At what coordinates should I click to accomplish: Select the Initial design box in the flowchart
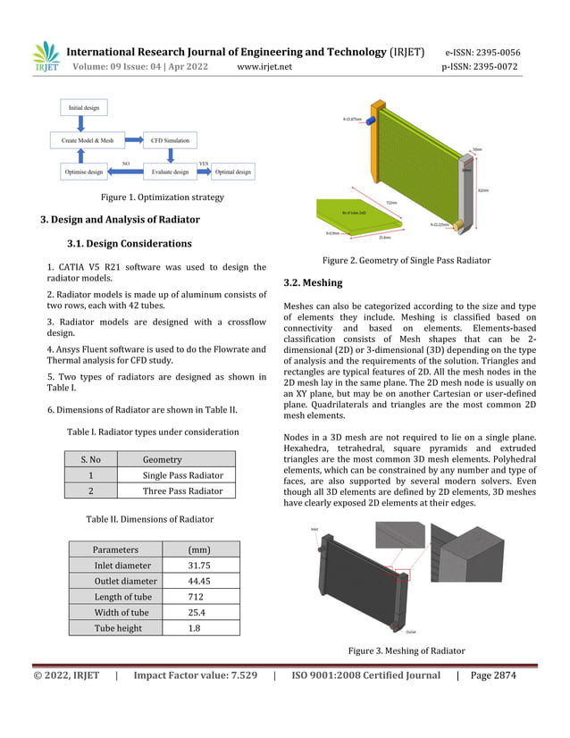click(85, 108)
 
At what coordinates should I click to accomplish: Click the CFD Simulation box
click(170, 140)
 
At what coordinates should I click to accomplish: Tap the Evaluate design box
click(170, 172)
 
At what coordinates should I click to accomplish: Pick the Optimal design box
click(233, 172)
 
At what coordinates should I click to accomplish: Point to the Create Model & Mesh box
click(88, 140)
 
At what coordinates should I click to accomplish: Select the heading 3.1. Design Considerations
click(129, 243)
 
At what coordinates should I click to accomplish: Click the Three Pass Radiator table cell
click(182, 491)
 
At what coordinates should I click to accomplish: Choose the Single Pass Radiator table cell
click(182, 475)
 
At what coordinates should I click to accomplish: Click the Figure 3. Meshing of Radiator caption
click(407, 650)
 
